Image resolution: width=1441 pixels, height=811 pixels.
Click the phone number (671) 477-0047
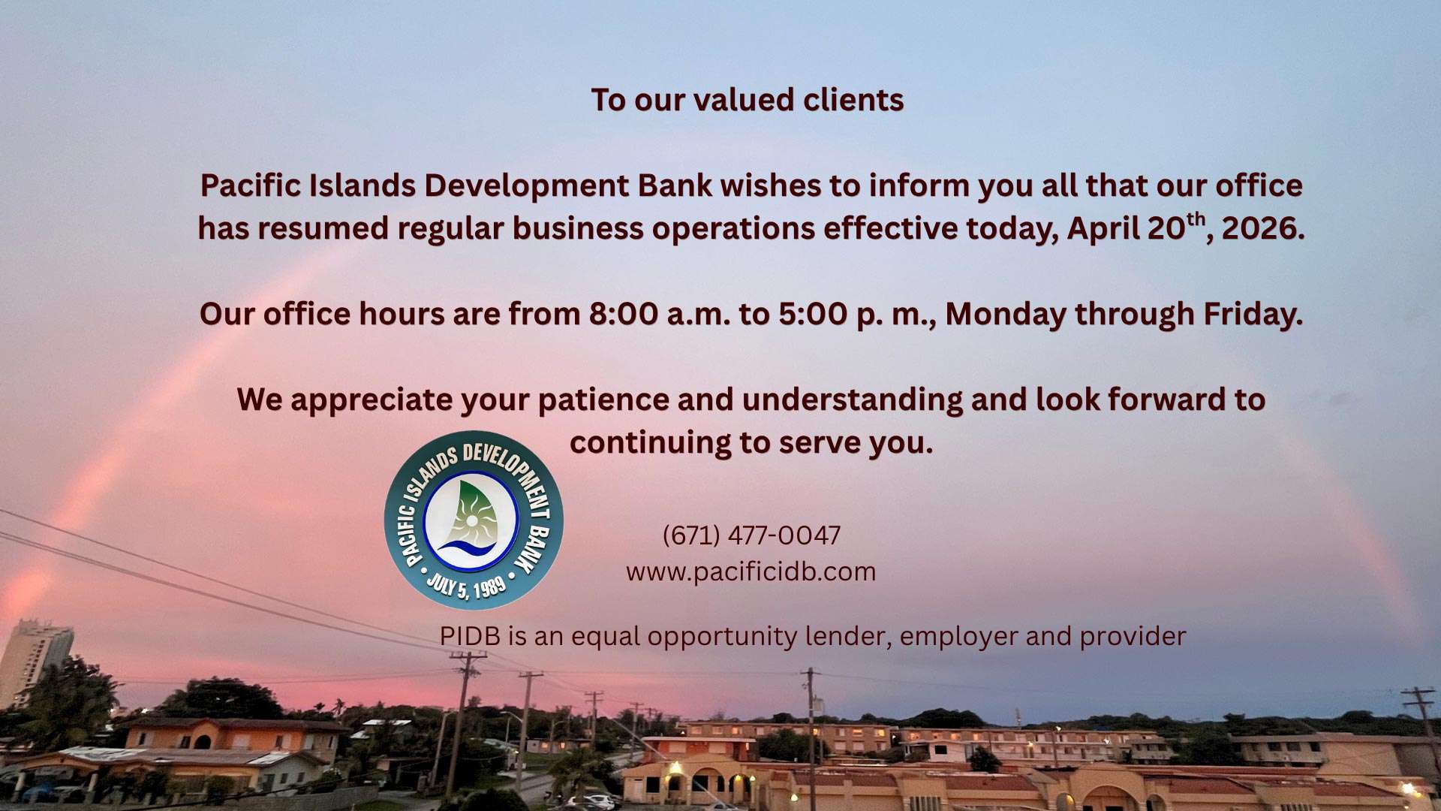pyautogui.click(x=751, y=535)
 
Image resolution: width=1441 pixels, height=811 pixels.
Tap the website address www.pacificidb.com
pyautogui.click(x=751, y=571)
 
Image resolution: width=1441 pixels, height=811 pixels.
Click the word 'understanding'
pyautogui.click(x=853, y=400)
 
